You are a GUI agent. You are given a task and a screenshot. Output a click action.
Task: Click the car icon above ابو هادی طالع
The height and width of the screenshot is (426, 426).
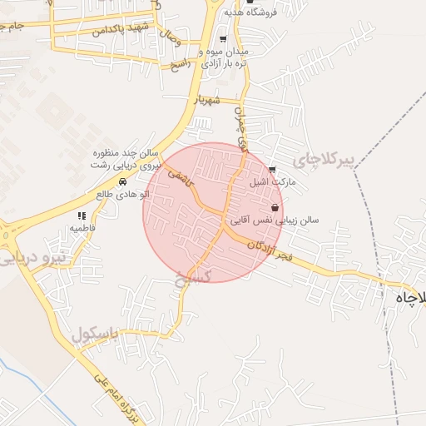(122, 181)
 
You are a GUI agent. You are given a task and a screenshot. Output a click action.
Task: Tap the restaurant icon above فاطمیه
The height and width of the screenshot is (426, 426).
(82, 215)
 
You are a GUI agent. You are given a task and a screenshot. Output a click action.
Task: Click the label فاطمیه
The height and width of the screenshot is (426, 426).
(84, 227)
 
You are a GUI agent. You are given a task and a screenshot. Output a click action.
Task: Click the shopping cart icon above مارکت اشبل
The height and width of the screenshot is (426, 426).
(273, 170)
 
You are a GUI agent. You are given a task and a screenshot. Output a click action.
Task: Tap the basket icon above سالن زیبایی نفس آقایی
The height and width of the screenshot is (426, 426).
(275, 208)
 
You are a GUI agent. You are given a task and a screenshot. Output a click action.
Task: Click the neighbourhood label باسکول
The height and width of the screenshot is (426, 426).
(92, 335)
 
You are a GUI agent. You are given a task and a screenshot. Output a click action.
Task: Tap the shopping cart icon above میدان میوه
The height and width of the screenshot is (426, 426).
(222, 39)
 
